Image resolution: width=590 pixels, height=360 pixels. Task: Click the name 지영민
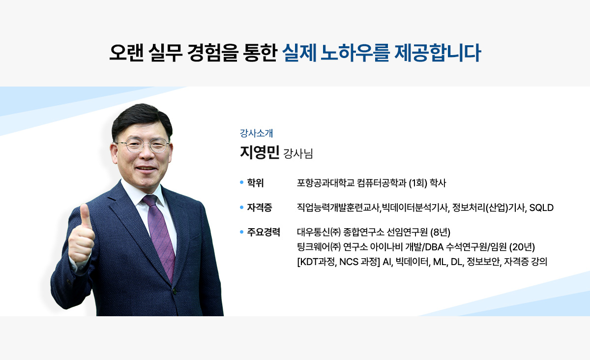(260, 152)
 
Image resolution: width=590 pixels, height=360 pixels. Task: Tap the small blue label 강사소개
(256, 133)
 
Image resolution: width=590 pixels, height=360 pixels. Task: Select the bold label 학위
(255, 182)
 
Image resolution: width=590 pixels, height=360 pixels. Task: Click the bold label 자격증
(260, 208)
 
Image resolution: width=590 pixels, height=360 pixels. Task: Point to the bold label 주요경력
(264, 232)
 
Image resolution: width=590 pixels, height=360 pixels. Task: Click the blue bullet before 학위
(241, 182)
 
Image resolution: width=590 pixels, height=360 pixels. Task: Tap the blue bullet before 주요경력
(241, 232)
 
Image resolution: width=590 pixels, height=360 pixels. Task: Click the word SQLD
(541, 208)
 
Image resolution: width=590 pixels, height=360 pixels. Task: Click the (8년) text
(441, 232)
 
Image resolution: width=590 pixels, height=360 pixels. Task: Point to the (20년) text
(522, 247)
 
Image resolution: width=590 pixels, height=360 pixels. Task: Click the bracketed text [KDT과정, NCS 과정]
(338, 262)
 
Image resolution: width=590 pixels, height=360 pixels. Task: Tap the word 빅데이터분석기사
(414, 208)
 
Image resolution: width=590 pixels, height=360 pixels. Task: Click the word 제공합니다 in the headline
(438, 53)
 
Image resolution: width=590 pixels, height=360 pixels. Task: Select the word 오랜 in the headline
(127, 53)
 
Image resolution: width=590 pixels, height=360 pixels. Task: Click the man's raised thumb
(85, 215)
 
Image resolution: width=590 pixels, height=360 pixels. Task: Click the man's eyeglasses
(143, 146)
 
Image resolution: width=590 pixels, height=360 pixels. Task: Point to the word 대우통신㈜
(319, 232)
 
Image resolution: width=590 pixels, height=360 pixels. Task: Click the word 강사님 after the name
(298, 153)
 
